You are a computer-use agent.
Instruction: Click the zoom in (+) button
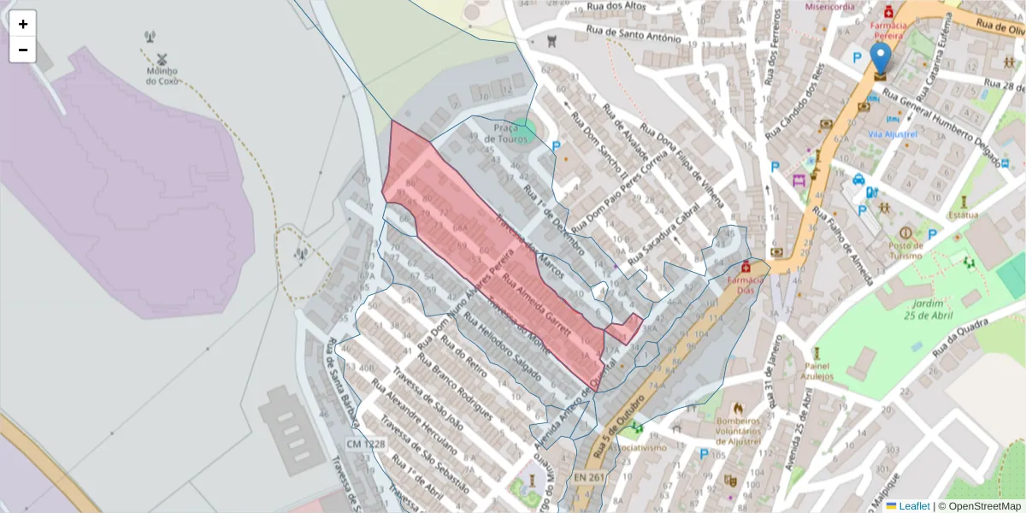[23, 24]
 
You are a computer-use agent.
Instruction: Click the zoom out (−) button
[23, 50]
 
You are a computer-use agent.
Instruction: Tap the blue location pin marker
[880, 60]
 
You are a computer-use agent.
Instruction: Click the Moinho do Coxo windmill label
[161, 76]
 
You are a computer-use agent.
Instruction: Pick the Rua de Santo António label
[634, 34]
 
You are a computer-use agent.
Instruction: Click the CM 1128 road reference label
[366, 444]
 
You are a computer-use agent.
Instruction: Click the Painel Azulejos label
[817, 369]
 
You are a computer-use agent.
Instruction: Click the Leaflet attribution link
[914, 506]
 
